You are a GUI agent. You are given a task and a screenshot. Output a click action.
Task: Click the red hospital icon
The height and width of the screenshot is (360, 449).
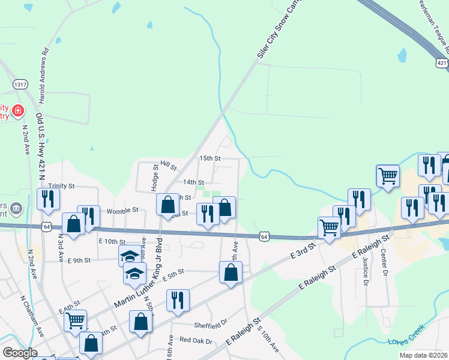[x=19, y=110]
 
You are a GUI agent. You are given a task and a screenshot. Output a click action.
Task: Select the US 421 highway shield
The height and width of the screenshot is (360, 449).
[x=442, y=62]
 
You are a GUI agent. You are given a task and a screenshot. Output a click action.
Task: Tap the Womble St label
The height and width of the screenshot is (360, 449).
[x=122, y=211]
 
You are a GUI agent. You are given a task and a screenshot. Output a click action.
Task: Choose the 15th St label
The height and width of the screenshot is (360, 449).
[x=210, y=158]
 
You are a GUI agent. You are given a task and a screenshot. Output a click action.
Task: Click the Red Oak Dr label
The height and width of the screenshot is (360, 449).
[x=196, y=340]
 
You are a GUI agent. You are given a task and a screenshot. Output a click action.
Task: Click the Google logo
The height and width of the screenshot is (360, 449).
[x=20, y=353]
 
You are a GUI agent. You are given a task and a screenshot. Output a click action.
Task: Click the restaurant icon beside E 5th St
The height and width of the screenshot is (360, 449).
[x=178, y=299]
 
